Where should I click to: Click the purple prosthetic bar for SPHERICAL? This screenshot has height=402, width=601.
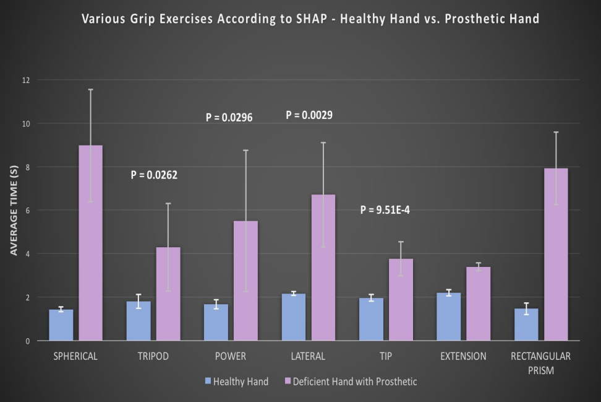tap(91, 243)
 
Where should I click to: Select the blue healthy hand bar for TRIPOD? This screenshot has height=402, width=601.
tap(139, 321)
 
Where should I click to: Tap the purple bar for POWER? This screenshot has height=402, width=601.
tap(245, 281)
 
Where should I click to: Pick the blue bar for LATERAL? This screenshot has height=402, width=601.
tap(294, 317)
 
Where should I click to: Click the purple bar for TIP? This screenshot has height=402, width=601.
tap(401, 300)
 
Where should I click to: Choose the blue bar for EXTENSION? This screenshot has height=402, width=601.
tap(449, 317)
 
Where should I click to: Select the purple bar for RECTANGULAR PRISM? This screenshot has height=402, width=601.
tap(556, 254)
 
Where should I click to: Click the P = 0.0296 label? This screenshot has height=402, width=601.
tap(229, 116)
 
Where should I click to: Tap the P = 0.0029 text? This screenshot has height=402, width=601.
tap(309, 115)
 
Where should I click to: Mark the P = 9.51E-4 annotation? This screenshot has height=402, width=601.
tap(385, 211)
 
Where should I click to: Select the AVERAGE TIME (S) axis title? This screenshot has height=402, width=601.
tap(14, 211)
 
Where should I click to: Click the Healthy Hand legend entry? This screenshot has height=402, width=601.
tap(241, 382)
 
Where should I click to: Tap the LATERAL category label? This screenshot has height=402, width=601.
tap(308, 356)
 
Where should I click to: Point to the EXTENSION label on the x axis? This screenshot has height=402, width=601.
tap(463, 356)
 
